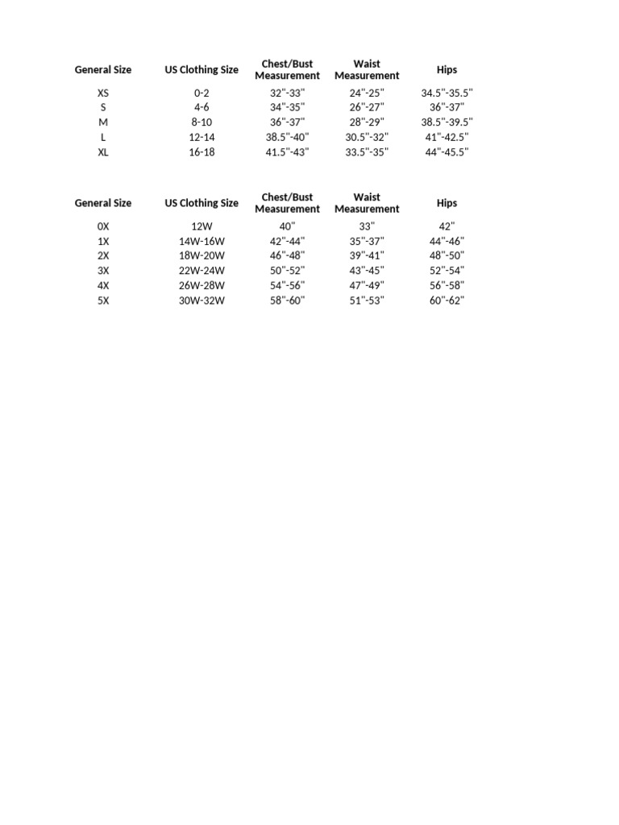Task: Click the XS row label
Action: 103,93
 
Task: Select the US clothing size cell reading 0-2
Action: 201,93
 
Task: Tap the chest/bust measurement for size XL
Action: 287,152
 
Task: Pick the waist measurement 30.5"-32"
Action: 367,137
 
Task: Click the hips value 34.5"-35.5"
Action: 447,93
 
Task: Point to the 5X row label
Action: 103,301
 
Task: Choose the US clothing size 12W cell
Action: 201,226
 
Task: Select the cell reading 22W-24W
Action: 201,271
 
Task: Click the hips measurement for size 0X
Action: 447,226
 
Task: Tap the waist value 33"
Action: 367,226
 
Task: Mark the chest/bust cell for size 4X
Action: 287,285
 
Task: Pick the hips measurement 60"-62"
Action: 447,301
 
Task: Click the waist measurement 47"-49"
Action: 367,285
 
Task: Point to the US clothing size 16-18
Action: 201,152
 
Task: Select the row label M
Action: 103,122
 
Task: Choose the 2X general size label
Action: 103,256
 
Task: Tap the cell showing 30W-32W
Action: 201,301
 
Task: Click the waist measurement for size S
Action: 367,107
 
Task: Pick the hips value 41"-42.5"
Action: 447,137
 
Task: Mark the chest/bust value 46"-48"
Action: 287,256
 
